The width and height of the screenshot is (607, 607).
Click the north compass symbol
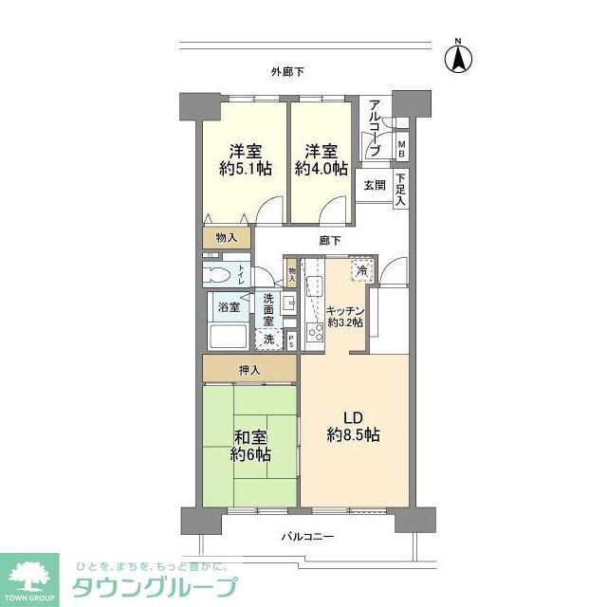click(458, 58)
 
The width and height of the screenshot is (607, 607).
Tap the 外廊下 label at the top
click(287, 71)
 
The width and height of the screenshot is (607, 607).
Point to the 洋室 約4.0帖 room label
click(319, 160)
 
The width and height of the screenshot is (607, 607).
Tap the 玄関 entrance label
click(374, 186)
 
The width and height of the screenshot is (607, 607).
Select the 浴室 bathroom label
click(228, 307)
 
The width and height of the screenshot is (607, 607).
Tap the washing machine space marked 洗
click(268, 339)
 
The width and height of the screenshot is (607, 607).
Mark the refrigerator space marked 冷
click(361, 271)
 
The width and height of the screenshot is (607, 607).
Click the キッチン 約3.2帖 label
click(344, 316)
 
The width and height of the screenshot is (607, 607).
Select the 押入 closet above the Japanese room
click(249, 368)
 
